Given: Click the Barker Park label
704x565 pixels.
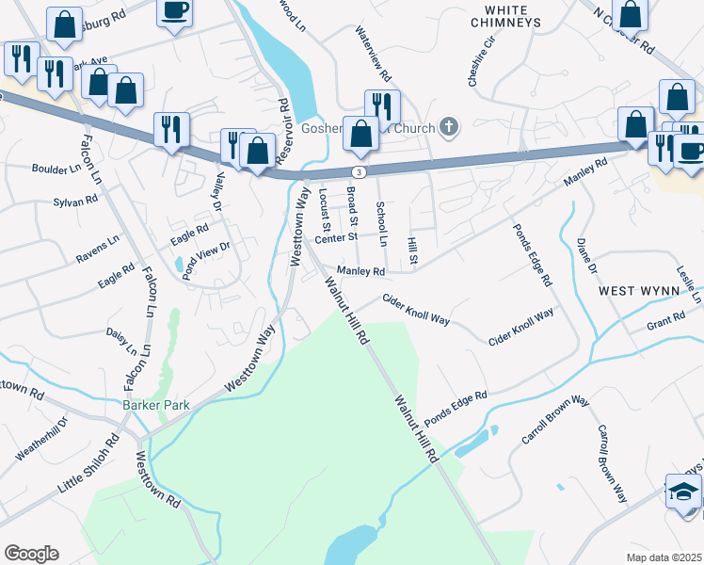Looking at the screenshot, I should coord(156,405).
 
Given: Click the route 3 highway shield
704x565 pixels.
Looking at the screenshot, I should coord(359,172).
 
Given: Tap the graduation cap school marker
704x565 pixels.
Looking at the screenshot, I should coord(683,492).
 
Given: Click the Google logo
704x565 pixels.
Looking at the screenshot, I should coord(31,554).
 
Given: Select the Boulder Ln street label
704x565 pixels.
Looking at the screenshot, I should coord(57,170).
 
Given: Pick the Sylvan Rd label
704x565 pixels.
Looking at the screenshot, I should coord(76,201).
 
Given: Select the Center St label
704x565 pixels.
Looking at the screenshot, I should coord(337,238).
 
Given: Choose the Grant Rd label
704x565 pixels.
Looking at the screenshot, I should coord(665,326).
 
